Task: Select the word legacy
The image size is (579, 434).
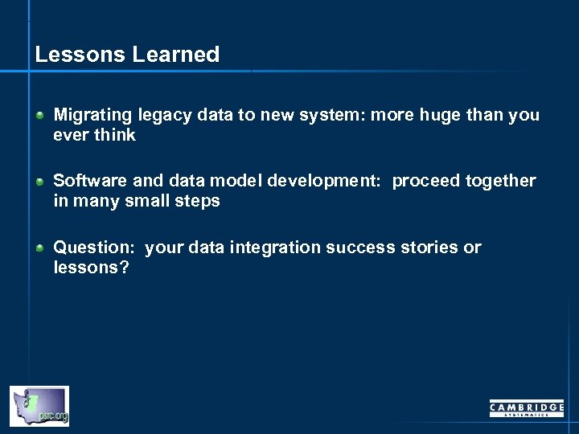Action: point(159,116)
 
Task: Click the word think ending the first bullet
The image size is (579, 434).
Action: point(115,135)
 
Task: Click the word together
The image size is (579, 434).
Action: point(499,181)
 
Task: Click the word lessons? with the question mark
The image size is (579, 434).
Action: point(91,268)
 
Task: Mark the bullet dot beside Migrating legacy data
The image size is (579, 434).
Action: point(39,116)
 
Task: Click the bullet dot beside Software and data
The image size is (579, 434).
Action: point(39,182)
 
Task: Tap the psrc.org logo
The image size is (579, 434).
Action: point(39,406)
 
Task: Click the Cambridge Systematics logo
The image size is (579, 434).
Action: point(527,408)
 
